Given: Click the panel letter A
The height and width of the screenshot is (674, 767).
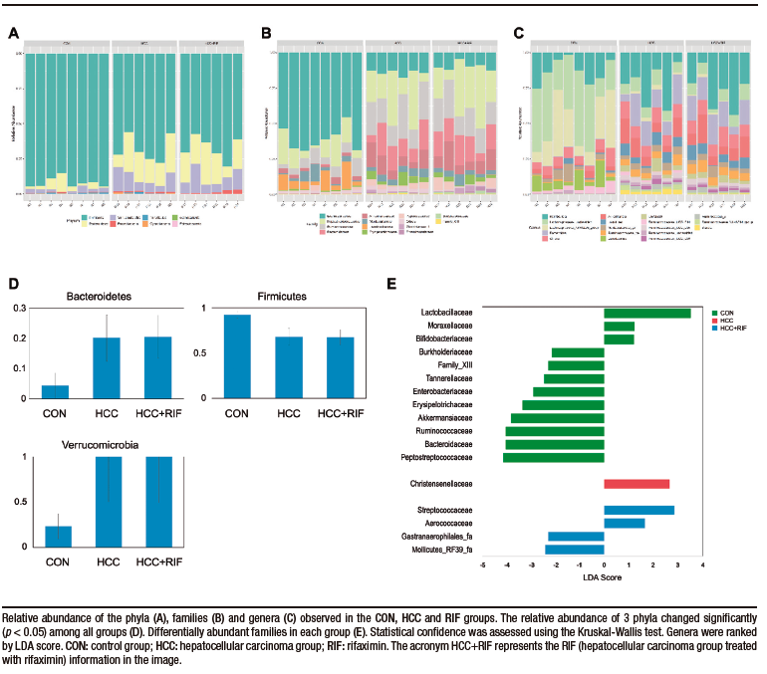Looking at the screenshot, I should tap(13, 33).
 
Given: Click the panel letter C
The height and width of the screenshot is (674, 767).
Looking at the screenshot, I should tap(519, 33).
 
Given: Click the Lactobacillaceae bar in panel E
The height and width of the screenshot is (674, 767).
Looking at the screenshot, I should tap(647, 314).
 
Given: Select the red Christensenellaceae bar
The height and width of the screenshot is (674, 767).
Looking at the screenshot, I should tap(637, 484).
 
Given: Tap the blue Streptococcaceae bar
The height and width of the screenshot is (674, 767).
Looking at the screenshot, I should tap(639, 510).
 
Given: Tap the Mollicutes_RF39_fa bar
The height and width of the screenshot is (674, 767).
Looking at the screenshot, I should tap(574, 549).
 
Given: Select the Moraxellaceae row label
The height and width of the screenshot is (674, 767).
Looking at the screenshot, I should tap(446, 327).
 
